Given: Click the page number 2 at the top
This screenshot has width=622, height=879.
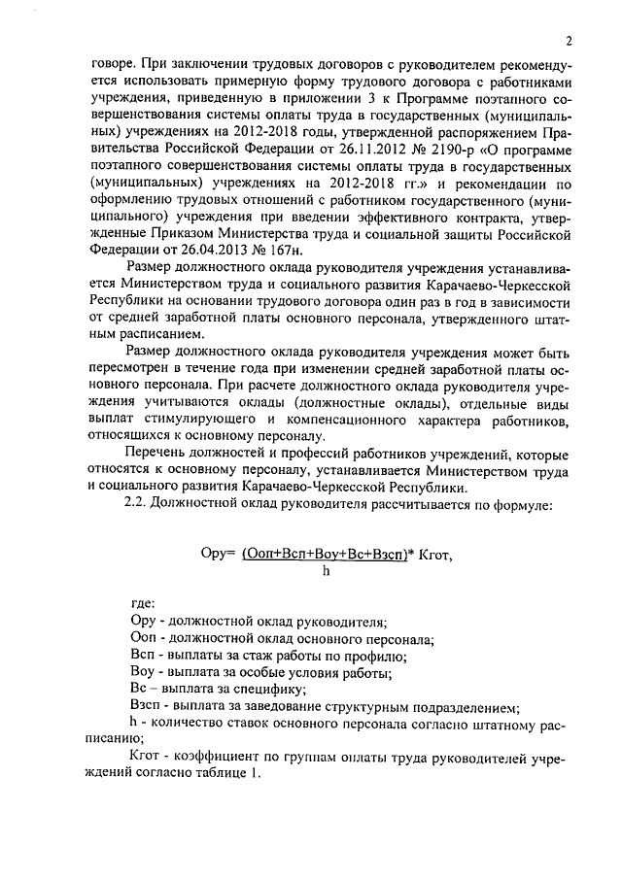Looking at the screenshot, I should coord(566,41).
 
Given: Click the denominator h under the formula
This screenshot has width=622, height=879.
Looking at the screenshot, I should coord(327,571).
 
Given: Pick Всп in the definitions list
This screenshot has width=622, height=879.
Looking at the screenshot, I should coord(141,656).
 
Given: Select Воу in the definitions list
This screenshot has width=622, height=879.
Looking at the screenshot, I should coord(142,672).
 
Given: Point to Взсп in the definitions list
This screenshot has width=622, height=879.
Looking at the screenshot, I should coord(145,705).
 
